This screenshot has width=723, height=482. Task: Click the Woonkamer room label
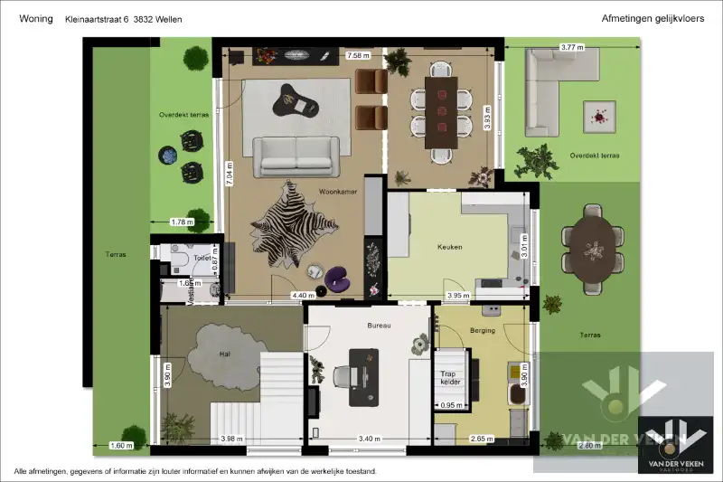(336, 192)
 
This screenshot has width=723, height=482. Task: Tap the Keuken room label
(450, 246)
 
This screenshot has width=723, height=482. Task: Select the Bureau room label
(379, 325)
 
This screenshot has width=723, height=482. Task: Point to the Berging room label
(483, 331)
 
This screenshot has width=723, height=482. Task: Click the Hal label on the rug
(224, 354)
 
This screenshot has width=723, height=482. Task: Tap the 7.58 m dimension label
(359, 56)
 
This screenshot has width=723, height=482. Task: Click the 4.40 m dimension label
(303, 295)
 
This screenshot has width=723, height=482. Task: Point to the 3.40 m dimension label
(369, 439)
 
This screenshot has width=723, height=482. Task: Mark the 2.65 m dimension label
(481, 439)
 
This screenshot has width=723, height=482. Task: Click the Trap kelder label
(450, 377)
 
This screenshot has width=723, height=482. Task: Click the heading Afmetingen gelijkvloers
(652, 18)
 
